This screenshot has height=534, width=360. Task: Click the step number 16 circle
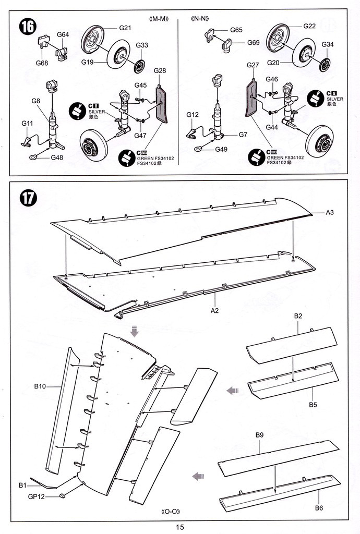(28, 27)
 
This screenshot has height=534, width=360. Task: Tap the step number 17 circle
(28, 198)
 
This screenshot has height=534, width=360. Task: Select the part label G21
(125, 28)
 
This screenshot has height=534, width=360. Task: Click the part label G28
(160, 70)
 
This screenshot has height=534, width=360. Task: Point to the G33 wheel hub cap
(140, 66)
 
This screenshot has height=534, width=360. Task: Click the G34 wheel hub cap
(326, 65)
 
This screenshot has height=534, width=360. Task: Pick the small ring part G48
(33, 156)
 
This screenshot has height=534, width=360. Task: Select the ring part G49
(199, 148)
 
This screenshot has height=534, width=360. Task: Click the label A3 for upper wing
(330, 213)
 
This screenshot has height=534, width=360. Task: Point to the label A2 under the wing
(214, 310)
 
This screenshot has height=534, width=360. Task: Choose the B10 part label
(40, 386)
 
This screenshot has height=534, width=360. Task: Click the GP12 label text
(37, 496)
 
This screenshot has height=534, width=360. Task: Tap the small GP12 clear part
(62, 495)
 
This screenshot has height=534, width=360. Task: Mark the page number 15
(180, 527)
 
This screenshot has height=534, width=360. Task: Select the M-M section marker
(159, 19)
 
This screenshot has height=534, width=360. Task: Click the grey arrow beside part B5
(233, 391)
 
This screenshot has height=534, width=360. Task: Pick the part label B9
(259, 435)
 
